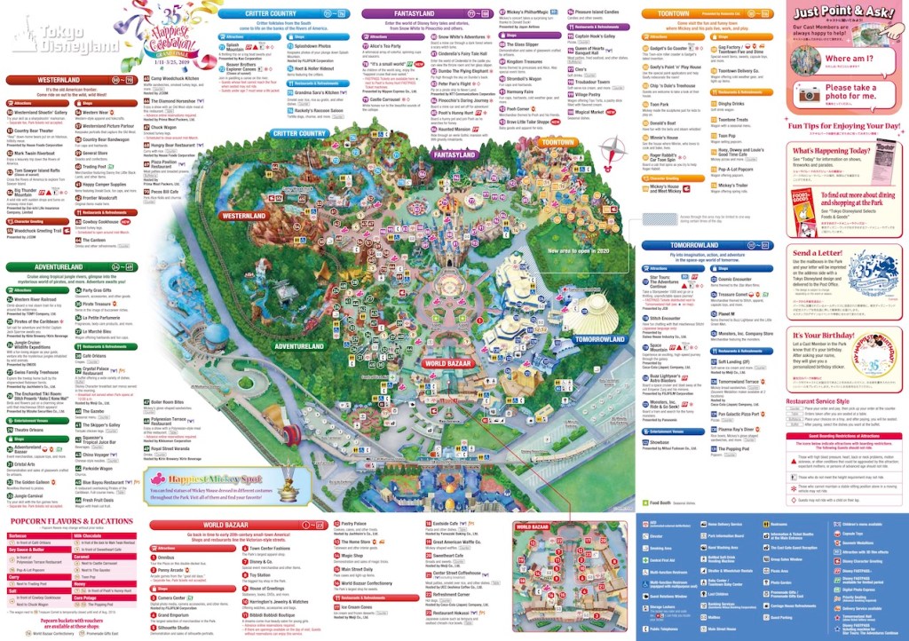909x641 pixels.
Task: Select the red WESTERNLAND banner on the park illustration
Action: coord(245,215)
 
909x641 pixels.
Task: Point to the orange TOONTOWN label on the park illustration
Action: coord(557,142)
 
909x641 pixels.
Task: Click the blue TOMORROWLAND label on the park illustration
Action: coord(600,338)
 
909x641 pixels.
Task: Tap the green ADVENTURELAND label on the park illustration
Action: coord(299,345)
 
